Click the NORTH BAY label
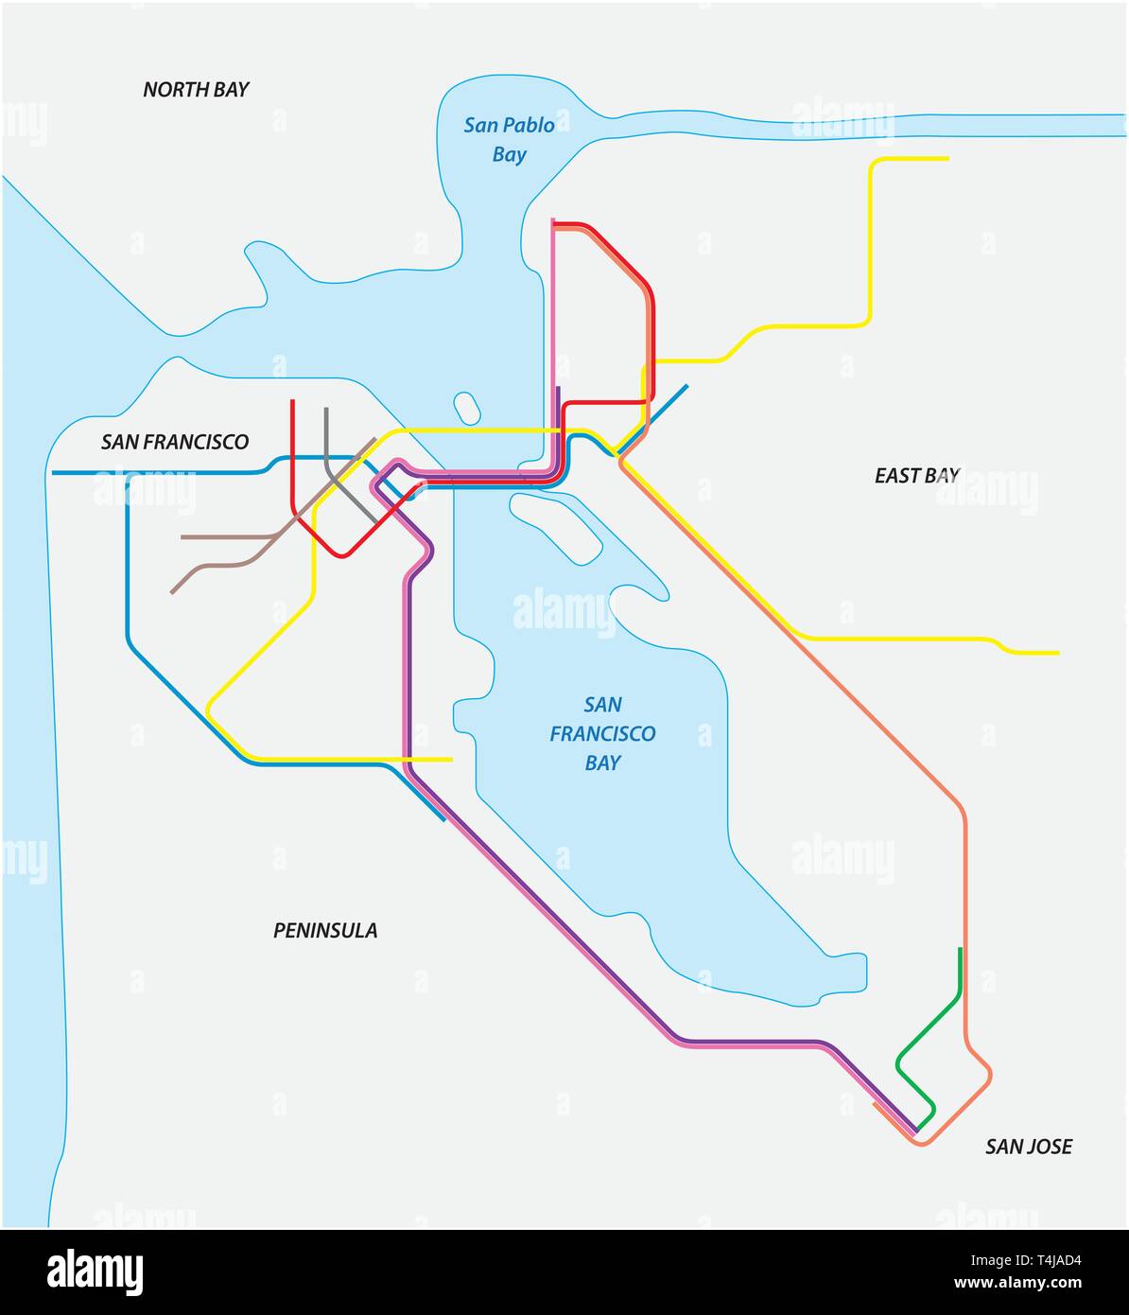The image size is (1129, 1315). pyautogui.click(x=196, y=90)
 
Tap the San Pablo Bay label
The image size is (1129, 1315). pyautogui.click(x=509, y=139)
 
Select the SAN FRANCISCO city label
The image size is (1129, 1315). pyautogui.click(x=175, y=442)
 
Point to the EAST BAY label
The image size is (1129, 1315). pyautogui.click(x=916, y=476)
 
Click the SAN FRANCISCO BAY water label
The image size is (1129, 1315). pyautogui.click(x=602, y=733)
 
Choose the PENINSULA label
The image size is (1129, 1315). pyautogui.click(x=325, y=931)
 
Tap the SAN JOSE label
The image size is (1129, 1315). pyautogui.click(x=1028, y=1147)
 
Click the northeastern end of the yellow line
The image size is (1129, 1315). pyautogui.click(x=947, y=159)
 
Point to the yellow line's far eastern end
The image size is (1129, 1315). pyautogui.click(x=1057, y=653)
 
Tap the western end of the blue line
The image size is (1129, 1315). pyautogui.click(x=54, y=472)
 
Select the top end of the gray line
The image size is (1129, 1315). pyautogui.click(x=325, y=410)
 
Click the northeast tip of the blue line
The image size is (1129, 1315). pyautogui.click(x=686, y=386)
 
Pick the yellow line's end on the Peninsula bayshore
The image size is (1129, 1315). pyautogui.click(x=451, y=760)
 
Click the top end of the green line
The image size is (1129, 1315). pyautogui.click(x=960, y=949)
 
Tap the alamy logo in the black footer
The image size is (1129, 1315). pyautogui.click(x=95, y=1271)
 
